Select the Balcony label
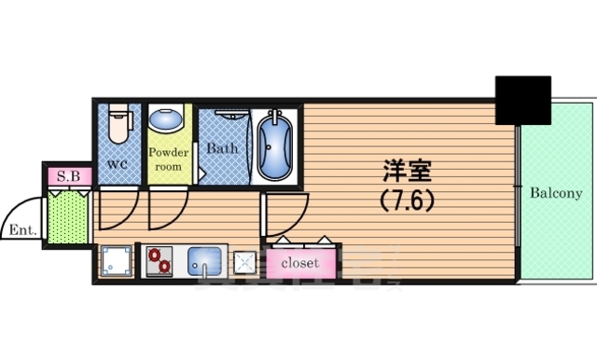tap(556, 194)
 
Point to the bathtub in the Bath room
tap(275, 146)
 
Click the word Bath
tap(222, 148)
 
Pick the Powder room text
tap(169, 159)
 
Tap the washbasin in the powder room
tap(168, 122)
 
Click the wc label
tap(117, 164)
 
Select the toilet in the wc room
tap(118, 124)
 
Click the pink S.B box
tap(69, 175)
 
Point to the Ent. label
tap(20, 229)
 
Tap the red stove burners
tap(157, 260)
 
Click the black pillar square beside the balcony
tap(523, 99)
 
